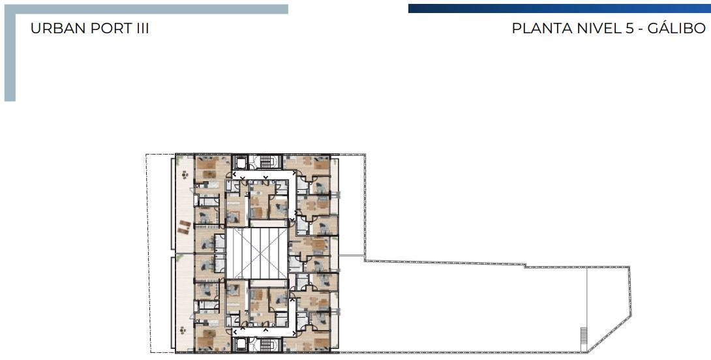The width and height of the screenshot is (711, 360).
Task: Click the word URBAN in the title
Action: (x=58, y=28)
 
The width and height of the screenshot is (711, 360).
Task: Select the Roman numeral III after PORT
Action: (x=142, y=28)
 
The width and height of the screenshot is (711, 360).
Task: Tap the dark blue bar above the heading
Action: (x=560, y=8)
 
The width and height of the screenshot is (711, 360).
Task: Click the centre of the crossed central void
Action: (x=256, y=253)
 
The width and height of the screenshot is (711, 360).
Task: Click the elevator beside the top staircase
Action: (x=239, y=162)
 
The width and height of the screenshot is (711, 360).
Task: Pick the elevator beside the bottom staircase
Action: (x=239, y=344)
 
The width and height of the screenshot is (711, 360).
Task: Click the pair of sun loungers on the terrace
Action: (x=184, y=227)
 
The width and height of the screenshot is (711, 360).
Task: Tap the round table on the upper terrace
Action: (x=185, y=174)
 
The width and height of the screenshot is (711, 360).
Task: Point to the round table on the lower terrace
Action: (x=183, y=330)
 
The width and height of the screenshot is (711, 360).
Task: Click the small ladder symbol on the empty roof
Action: (x=583, y=335)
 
